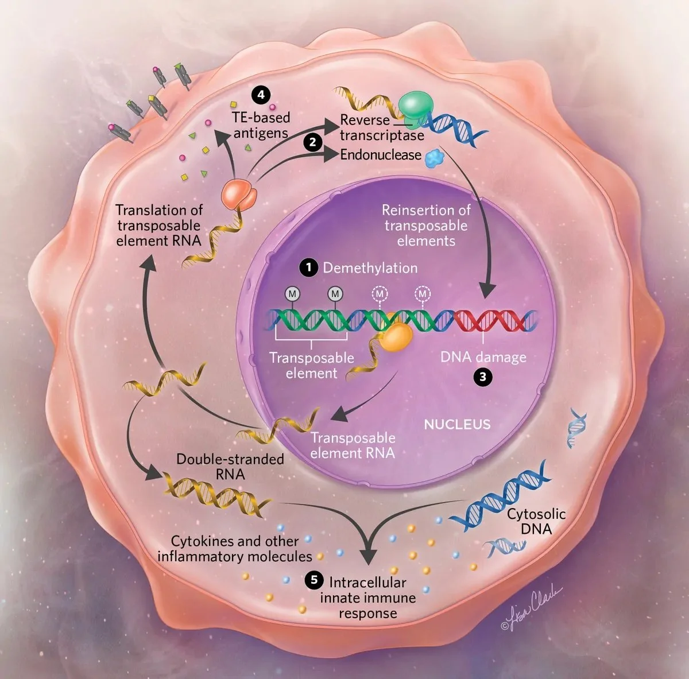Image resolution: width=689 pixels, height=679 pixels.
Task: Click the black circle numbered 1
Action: [x=308, y=267]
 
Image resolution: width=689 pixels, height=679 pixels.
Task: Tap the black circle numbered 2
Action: [x=312, y=142]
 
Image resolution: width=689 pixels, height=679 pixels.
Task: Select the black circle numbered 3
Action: [x=483, y=377]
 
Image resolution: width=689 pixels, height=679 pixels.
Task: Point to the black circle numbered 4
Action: [x=261, y=94]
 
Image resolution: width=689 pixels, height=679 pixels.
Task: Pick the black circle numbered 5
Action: [x=313, y=580]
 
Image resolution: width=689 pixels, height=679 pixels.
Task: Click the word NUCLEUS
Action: [x=457, y=425]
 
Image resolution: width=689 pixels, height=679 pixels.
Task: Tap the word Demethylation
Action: [x=370, y=268]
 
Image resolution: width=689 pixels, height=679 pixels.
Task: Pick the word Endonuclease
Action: [x=381, y=155]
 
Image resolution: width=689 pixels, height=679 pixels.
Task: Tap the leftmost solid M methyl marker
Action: [x=292, y=294]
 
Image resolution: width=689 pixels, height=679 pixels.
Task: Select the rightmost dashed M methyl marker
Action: [x=423, y=294]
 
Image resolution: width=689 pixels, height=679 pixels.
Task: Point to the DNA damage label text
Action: [x=483, y=357]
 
